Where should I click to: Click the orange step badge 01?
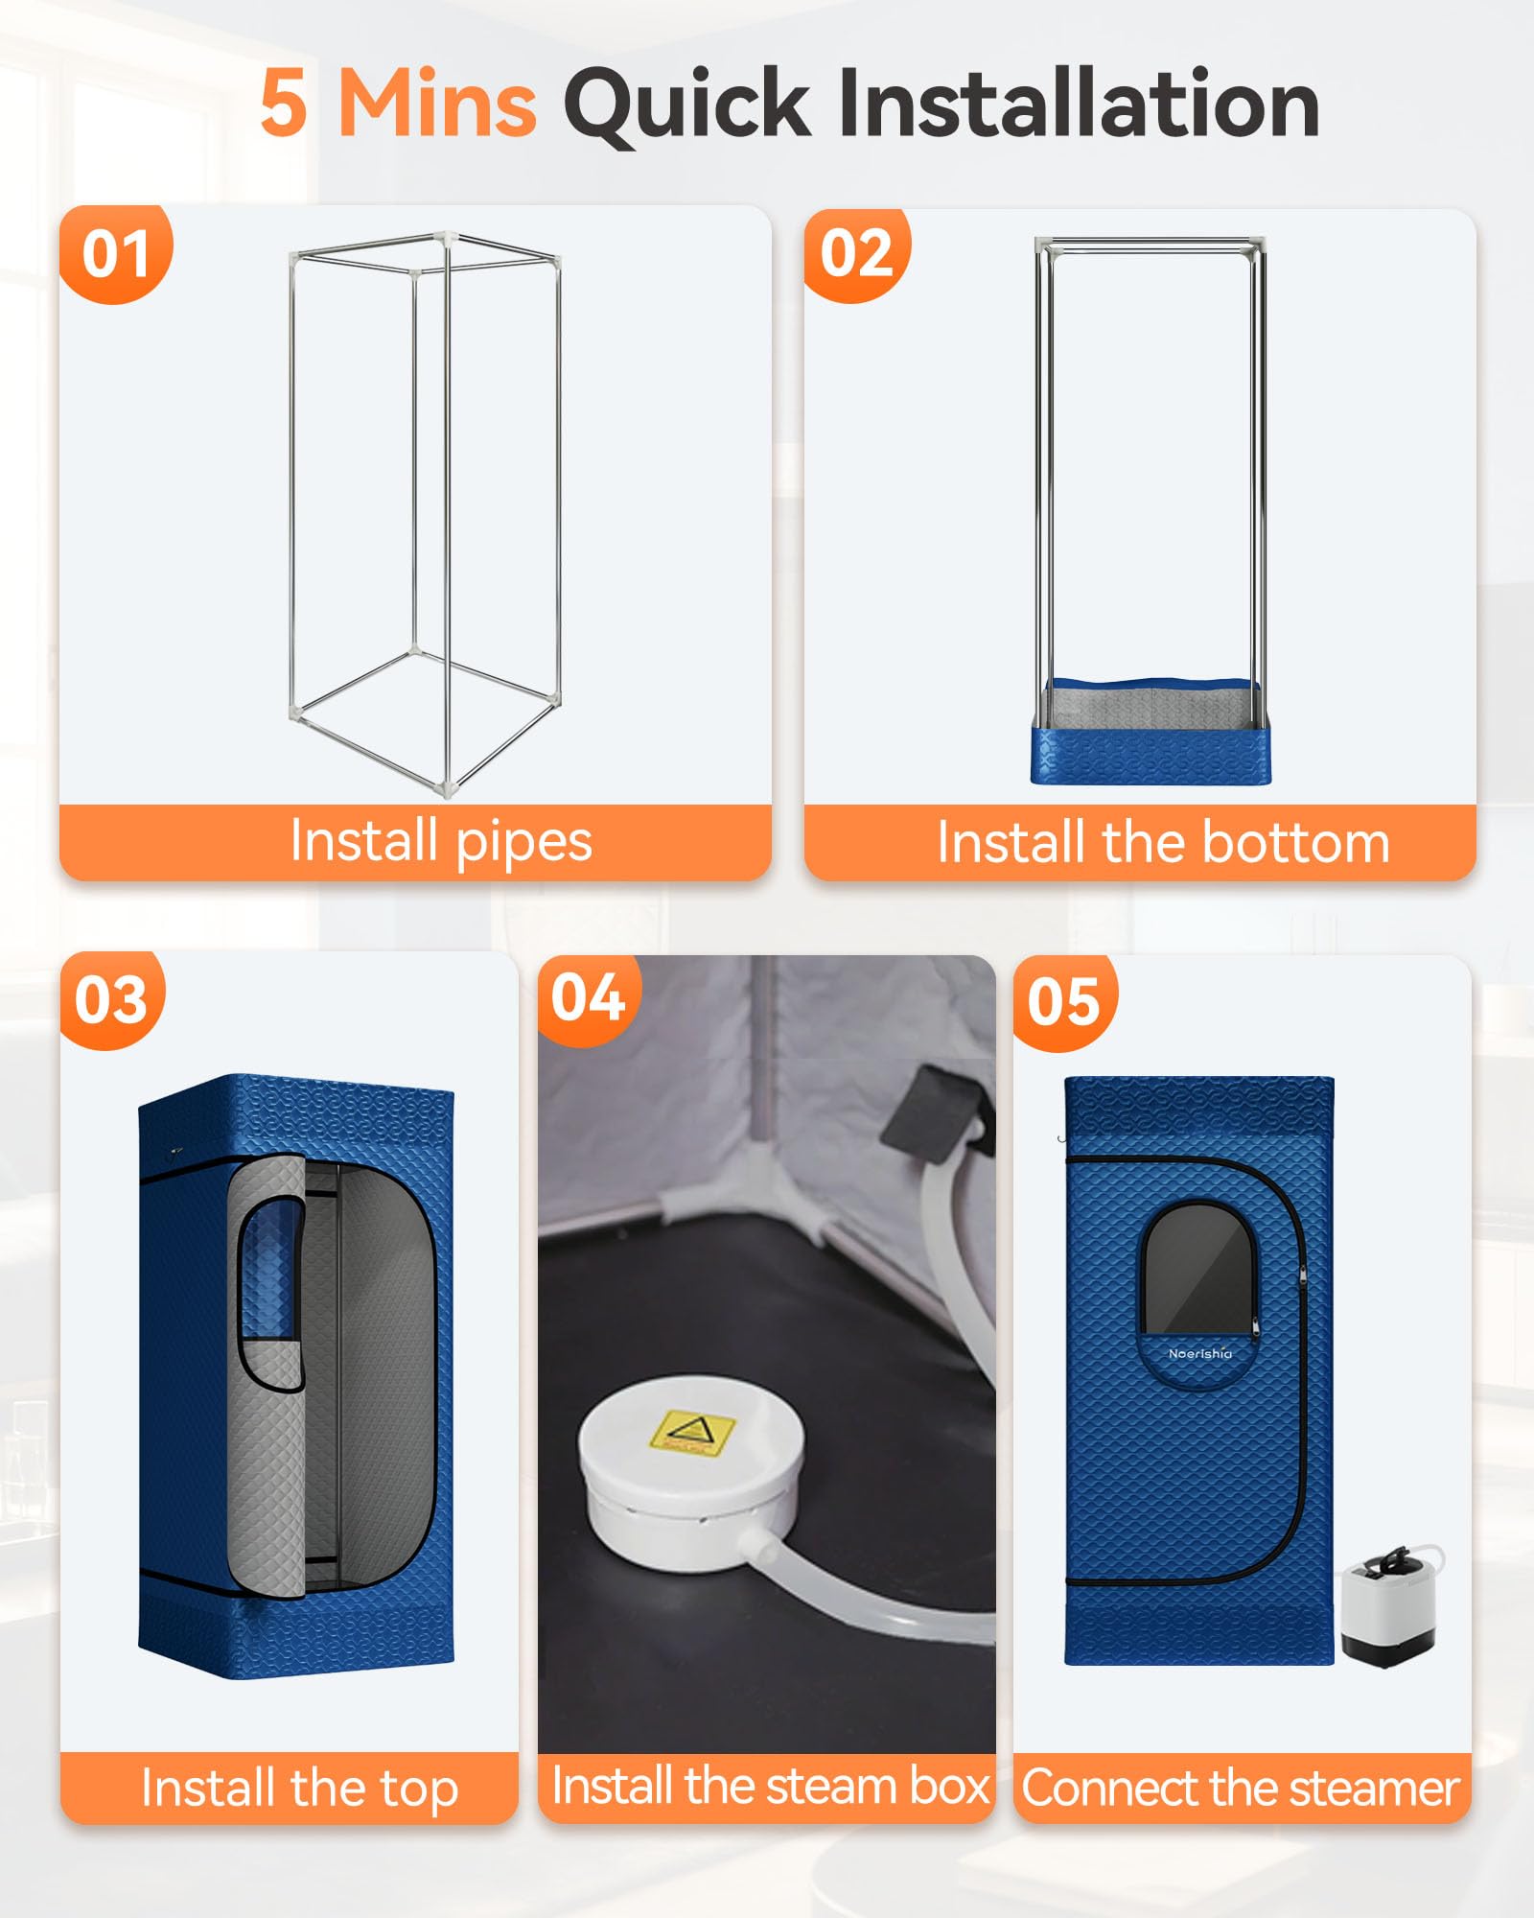pyautogui.click(x=116, y=254)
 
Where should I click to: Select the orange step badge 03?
pyautogui.click(x=112, y=1000)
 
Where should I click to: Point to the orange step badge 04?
pyautogui.click(x=589, y=998)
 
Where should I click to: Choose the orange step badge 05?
pyautogui.click(x=1064, y=1002)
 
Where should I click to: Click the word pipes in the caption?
pyautogui.click(x=523, y=843)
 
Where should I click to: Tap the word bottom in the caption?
pyautogui.click(x=1295, y=843)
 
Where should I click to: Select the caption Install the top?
pyautogui.click(x=299, y=1789)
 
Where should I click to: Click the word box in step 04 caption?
pyautogui.click(x=949, y=1786)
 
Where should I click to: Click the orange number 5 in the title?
pyautogui.click(x=284, y=104)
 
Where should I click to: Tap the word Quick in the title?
pyautogui.click(x=686, y=105)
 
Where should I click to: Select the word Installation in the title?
pyautogui.click(x=1080, y=103)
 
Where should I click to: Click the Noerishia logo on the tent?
pyautogui.click(x=1200, y=1353)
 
